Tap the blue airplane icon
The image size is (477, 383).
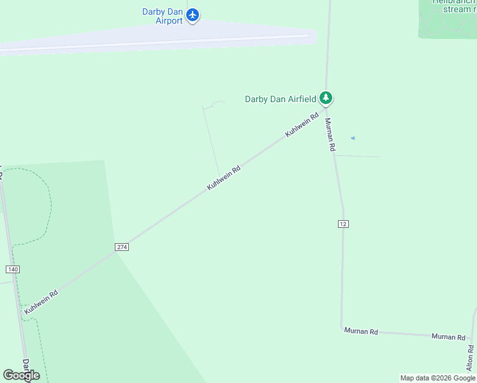pyautogui.click(x=193, y=14)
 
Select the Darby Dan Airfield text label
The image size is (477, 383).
pyautogui.click(x=281, y=99)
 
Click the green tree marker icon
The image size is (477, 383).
pyautogui.click(x=327, y=98)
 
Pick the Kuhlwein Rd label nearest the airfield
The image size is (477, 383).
pyautogui.click(x=301, y=125)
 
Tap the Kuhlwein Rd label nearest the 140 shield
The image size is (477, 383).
pyautogui.click(x=41, y=301)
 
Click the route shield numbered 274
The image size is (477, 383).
pyautogui.click(x=122, y=246)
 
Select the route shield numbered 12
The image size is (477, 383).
pyautogui.click(x=343, y=223)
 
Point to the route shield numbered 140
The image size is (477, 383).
pyautogui.click(x=13, y=269)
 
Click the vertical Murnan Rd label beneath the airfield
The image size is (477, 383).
pyautogui.click(x=330, y=135)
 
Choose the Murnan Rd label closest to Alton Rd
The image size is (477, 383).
pyautogui.click(x=448, y=336)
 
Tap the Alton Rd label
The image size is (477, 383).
pyautogui.click(x=471, y=358)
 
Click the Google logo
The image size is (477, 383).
pyautogui.click(x=21, y=375)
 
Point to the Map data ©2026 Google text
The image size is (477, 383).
pyautogui.click(x=437, y=378)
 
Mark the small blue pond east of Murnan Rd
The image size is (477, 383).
pyautogui.click(x=353, y=138)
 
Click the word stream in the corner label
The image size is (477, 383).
pyautogui.click(x=456, y=10)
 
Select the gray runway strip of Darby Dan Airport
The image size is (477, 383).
pyautogui.click(x=159, y=42)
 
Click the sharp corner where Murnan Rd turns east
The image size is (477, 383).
pyautogui.click(x=342, y=328)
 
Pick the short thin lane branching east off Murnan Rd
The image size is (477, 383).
pyautogui.click(x=357, y=156)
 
